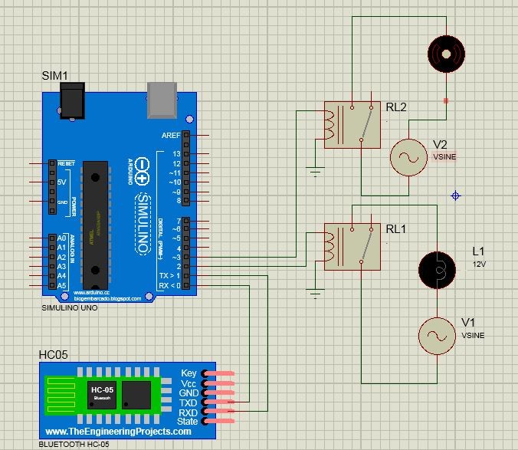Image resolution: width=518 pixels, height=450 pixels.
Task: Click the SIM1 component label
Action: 55,76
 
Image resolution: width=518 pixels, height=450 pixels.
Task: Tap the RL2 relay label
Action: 396,107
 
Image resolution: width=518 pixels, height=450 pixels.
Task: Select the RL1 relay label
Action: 396,228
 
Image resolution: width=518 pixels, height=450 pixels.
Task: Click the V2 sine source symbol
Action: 408,157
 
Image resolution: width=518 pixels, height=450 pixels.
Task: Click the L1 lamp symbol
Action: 437,269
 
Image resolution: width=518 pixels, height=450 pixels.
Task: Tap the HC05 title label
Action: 53,356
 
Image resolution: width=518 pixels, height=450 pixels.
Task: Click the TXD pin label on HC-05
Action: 189,402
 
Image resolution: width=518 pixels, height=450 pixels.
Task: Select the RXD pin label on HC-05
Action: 189,412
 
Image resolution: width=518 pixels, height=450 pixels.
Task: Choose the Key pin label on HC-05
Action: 189,373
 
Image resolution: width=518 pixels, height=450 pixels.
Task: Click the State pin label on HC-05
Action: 188,422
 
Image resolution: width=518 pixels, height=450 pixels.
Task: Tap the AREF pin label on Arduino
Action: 172,135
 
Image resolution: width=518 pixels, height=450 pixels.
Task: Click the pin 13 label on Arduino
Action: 176,153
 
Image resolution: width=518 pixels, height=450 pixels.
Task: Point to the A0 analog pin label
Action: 62,238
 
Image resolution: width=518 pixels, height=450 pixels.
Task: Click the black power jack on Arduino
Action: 73,99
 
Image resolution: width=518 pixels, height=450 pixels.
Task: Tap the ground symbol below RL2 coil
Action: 315,171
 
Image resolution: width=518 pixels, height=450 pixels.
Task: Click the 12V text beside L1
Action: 480,263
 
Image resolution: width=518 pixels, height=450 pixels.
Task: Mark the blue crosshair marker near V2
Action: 456,196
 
